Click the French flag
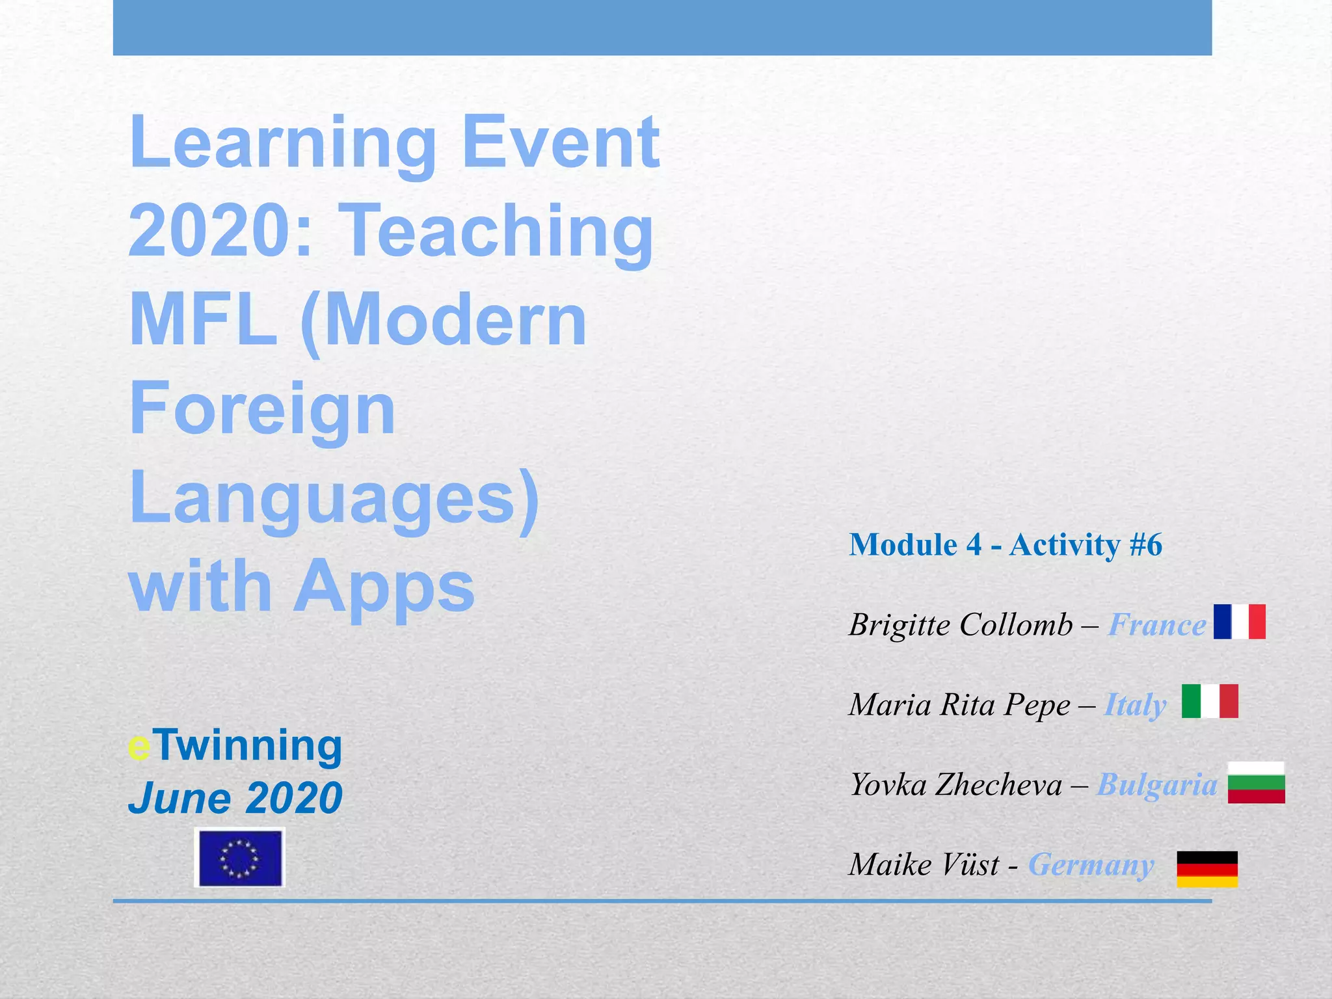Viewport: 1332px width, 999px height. [1239, 621]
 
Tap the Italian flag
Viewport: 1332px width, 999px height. [1209, 701]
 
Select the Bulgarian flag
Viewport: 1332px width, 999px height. [1256, 782]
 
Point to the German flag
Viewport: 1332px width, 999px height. [1207, 869]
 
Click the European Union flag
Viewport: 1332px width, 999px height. [240, 858]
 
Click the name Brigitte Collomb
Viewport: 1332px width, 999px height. [961, 625]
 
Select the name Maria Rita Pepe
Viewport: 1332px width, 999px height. [959, 705]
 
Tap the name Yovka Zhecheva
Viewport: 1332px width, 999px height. [956, 785]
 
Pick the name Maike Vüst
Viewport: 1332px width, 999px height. [924, 865]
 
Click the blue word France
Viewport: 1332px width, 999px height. [1157, 625]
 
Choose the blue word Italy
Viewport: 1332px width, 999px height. [1135, 705]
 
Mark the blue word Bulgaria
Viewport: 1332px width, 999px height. [1157, 785]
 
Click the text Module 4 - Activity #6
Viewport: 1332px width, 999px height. [1006, 545]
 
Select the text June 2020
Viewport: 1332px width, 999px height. [235, 798]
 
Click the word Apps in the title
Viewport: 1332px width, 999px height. [384, 587]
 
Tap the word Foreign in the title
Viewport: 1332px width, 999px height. [262, 409]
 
